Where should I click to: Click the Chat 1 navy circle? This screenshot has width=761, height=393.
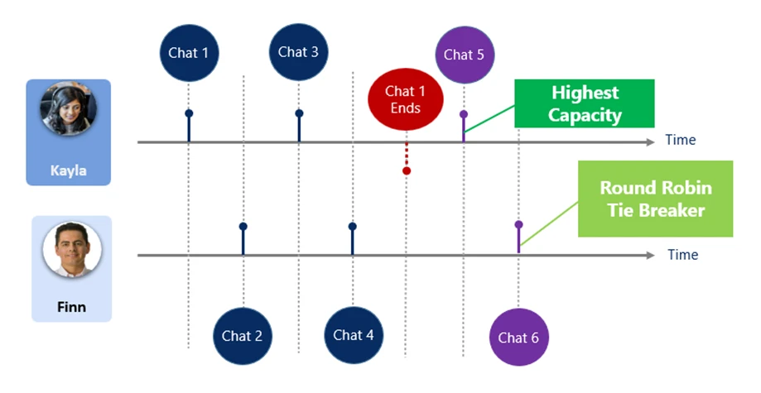coord(189,53)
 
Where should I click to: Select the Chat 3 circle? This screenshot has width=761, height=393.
coord(298,51)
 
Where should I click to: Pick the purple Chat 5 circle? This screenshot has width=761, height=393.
coord(463,55)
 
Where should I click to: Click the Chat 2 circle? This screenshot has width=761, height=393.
coord(242,335)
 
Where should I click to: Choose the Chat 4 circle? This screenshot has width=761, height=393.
coord(353,334)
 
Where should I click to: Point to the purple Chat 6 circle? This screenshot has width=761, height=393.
coord(518,337)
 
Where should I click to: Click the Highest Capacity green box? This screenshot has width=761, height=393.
coord(585,104)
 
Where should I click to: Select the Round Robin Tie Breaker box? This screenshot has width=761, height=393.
coord(655,199)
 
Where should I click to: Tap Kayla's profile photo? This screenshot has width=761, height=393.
coord(68,113)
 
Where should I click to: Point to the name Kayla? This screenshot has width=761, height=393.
coord(68,171)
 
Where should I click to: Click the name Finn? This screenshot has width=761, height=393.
coord(71,308)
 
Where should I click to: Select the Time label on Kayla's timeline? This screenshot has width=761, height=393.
coord(680,141)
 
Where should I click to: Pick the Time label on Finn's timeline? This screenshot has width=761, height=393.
coord(682,255)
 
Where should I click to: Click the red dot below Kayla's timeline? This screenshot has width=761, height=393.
coord(407,170)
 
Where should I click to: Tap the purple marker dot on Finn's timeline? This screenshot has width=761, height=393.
coord(518,224)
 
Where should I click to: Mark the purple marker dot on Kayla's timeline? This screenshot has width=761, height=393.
coord(463,113)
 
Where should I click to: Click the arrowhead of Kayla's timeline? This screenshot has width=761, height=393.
coord(648,142)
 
